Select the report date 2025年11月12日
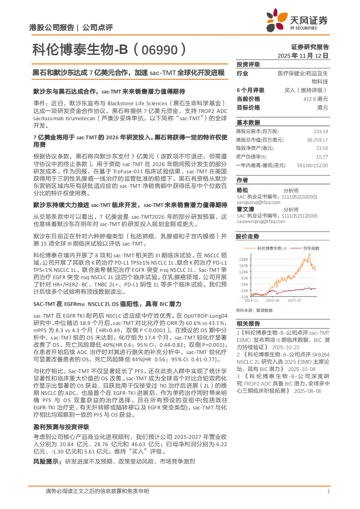coord(303,56)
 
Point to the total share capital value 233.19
coord(320,131)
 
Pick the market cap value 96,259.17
coord(317,140)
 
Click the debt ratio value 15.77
coord(322,156)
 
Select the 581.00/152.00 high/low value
coord(312,165)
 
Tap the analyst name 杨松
coord(242,190)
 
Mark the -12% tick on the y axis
coord(243,297)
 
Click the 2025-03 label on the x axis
coord(273,300)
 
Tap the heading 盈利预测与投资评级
coord(61,427)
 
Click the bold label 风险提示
coord(47,461)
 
